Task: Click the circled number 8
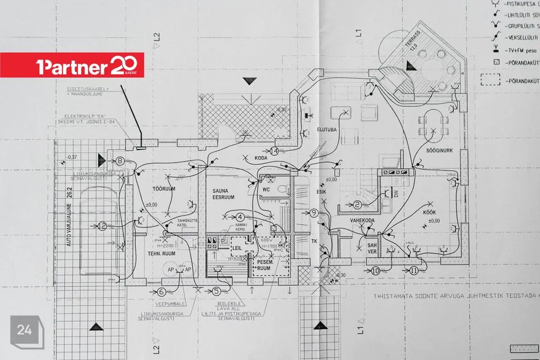point(121,161)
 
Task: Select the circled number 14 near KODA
point(274,151)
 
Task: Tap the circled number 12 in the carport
point(102,227)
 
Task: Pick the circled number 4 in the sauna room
point(240,217)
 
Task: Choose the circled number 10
point(376,271)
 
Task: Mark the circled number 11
point(415,271)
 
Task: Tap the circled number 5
point(216,291)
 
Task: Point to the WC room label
point(267,190)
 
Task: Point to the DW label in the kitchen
point(396,193)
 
